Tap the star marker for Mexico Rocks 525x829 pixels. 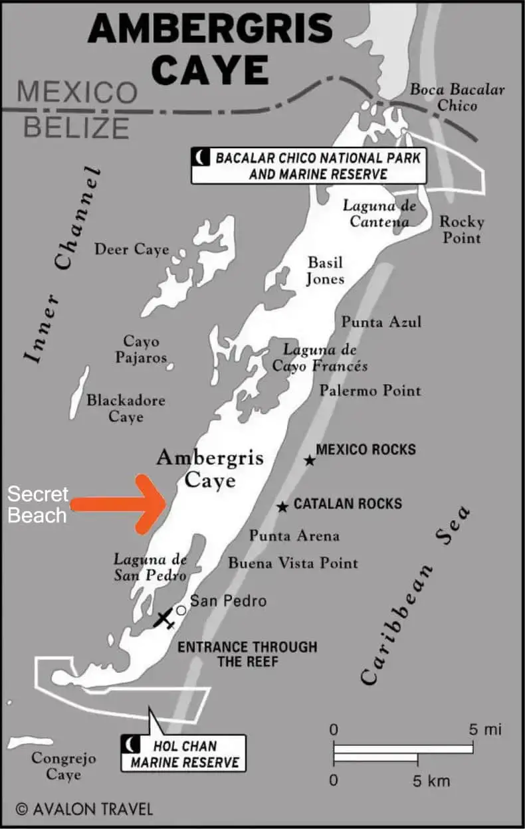(310, 460)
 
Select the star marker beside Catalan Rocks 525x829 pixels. (282, 507)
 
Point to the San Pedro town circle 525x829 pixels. (181, 610)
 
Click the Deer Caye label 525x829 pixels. (132, 250)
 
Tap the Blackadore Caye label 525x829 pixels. (126, 409)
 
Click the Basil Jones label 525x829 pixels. (325, 270)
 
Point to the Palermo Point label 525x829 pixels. (370, 390)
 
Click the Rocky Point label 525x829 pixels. (462, 229)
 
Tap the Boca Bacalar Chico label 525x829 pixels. (457, 97)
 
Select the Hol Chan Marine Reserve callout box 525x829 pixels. (183, 753)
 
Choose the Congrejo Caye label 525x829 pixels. (64, 766)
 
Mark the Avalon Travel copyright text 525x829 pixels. (84, 809)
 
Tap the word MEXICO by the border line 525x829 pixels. (77, 92)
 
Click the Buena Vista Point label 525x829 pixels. (293, 563)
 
